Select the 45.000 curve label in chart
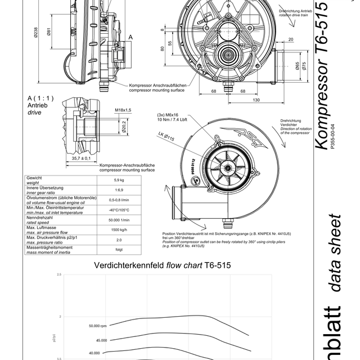pos(101,340)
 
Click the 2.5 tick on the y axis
pos(58,274)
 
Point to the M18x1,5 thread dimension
pos(123,110)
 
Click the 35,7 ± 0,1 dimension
pos(82,159)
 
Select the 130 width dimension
pos(256,100)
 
